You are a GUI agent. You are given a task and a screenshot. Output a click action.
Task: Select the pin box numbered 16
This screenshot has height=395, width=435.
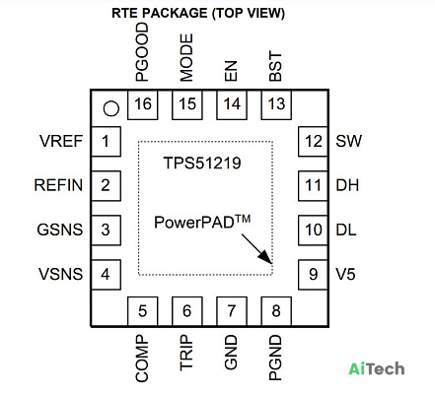coord(142,104)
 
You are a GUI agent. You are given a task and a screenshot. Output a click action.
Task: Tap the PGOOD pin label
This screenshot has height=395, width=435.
coord(142,52)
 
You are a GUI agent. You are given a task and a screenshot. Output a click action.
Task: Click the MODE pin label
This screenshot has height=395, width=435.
coord(186,57)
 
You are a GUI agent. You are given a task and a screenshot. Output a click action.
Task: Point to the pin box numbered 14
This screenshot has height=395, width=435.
coord(232,104)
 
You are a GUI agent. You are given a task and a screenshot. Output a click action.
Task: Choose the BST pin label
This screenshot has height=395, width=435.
coord(275,66)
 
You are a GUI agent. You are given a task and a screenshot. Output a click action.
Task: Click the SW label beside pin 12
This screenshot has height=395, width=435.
coord(348,141)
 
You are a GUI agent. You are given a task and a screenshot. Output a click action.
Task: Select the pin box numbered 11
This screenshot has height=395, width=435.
coord(313,185)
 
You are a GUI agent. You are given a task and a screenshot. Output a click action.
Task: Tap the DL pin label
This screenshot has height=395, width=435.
coord(346,230)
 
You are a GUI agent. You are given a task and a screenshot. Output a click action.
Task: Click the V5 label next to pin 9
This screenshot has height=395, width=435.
coord(345,274)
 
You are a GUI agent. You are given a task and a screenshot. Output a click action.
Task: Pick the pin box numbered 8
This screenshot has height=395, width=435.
coord(276,311)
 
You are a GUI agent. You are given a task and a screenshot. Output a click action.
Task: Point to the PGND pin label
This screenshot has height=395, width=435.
coord(275,358)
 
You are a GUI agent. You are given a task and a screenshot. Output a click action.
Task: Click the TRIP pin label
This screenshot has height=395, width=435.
coord(186,353)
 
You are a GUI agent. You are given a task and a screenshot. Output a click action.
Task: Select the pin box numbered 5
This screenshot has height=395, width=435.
coord(142,311)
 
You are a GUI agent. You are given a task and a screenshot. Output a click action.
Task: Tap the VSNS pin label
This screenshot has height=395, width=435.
coord(60,274)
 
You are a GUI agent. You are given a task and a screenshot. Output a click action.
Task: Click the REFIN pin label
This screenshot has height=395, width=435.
coord(58,185)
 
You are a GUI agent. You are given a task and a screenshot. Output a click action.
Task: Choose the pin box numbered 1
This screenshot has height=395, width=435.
coord(106,141)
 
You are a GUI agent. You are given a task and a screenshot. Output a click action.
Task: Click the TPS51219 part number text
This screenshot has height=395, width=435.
coord(202,163)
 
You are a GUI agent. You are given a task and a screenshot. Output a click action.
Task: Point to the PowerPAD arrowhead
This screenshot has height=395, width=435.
coord(266,258)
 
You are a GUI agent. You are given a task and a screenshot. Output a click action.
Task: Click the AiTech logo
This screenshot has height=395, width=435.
coord(377,368)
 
